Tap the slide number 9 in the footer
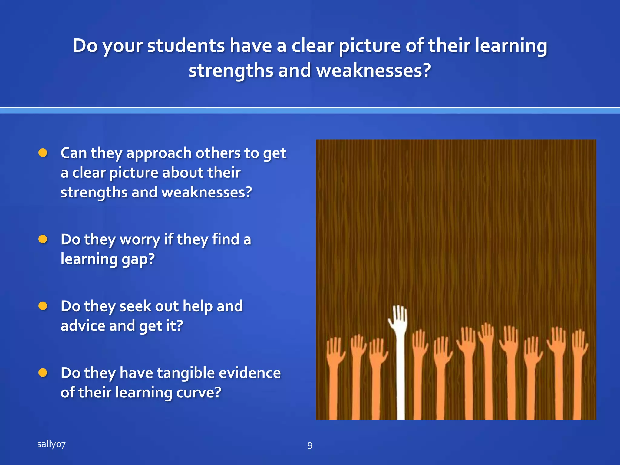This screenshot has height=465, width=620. (x=310, y=445)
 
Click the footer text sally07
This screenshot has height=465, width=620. (x=51, y=444)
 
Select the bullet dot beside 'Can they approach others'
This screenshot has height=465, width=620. (x=43, y=153)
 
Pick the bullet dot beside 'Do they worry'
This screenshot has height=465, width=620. (x=43, y=239)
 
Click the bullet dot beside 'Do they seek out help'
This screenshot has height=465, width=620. (x=43, y=306)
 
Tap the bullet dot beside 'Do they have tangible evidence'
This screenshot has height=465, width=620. (x=43, y=373)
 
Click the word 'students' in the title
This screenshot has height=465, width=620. (x=186, y=46)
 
